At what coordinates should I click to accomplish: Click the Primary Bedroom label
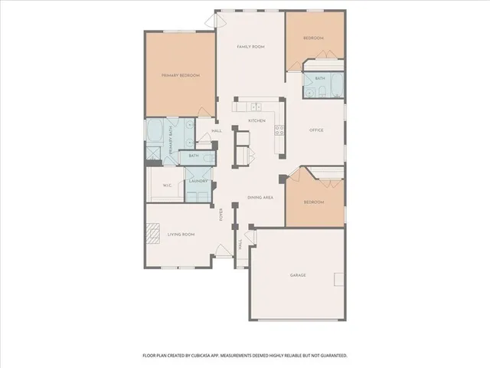pyautogui.click(x=181, y=76)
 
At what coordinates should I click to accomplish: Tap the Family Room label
pyautogui.click(x=250, y=47)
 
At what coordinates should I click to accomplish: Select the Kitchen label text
pyautogui.click(x=256, y=121)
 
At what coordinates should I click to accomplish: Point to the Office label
pyautogui.click(x=316, y=130)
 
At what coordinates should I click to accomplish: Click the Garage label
pyautogui.click(x=298, y=274)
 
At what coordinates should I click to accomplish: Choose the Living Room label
pyautogui.click(x=181, y=235)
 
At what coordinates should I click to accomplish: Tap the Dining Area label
pyautogui.click(x=260, y=198)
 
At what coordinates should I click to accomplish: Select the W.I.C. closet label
pyautogui.click(x=167, y=186)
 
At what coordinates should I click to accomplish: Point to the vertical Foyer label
pyautogui.click(x=221, y=214)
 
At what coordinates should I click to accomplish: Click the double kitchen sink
pyautogui.click(x=258, y=106)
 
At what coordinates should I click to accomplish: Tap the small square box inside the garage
pyautogui.click(x=338, y=281)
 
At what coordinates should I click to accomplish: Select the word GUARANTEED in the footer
pyautogui.click(x=330, y=356)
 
